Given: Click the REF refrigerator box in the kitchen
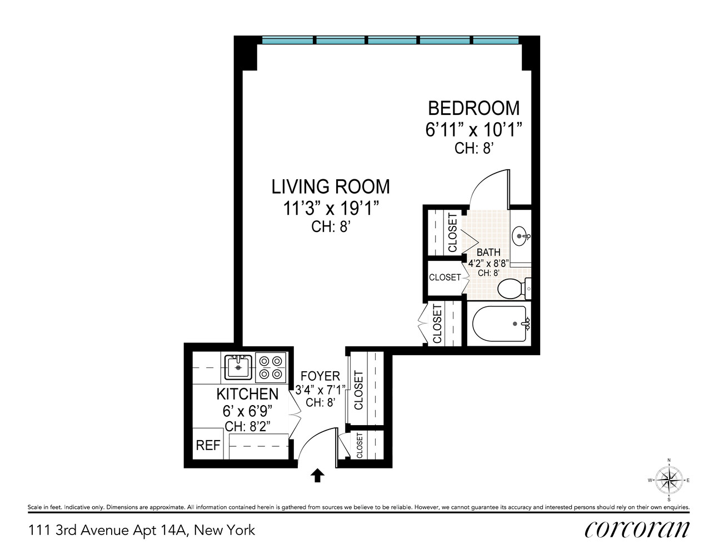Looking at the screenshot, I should click(208, 445).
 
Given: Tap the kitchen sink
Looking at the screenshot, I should click(238, 367).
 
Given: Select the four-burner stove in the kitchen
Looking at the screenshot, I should click(271, 367).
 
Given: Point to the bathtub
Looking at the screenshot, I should click(500, 324).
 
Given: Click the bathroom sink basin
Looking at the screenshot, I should click(520, 236).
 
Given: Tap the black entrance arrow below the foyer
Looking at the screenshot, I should click(317, 476).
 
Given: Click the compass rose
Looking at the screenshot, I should click(668, 480).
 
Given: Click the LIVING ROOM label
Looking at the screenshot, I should click(331, 187).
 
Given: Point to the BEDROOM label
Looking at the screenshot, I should click(473, 108).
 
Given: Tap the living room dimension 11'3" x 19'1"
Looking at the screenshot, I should click(331, 209).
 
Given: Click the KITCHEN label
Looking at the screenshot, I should click(247, 394).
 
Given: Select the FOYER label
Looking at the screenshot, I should click(320, 376).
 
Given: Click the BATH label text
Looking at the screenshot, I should click(488, 253).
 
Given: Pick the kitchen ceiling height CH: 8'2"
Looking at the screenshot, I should click(247, 426).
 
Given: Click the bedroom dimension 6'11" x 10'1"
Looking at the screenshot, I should click(473, 130).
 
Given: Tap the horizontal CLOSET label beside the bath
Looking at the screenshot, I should click(445, 277).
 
